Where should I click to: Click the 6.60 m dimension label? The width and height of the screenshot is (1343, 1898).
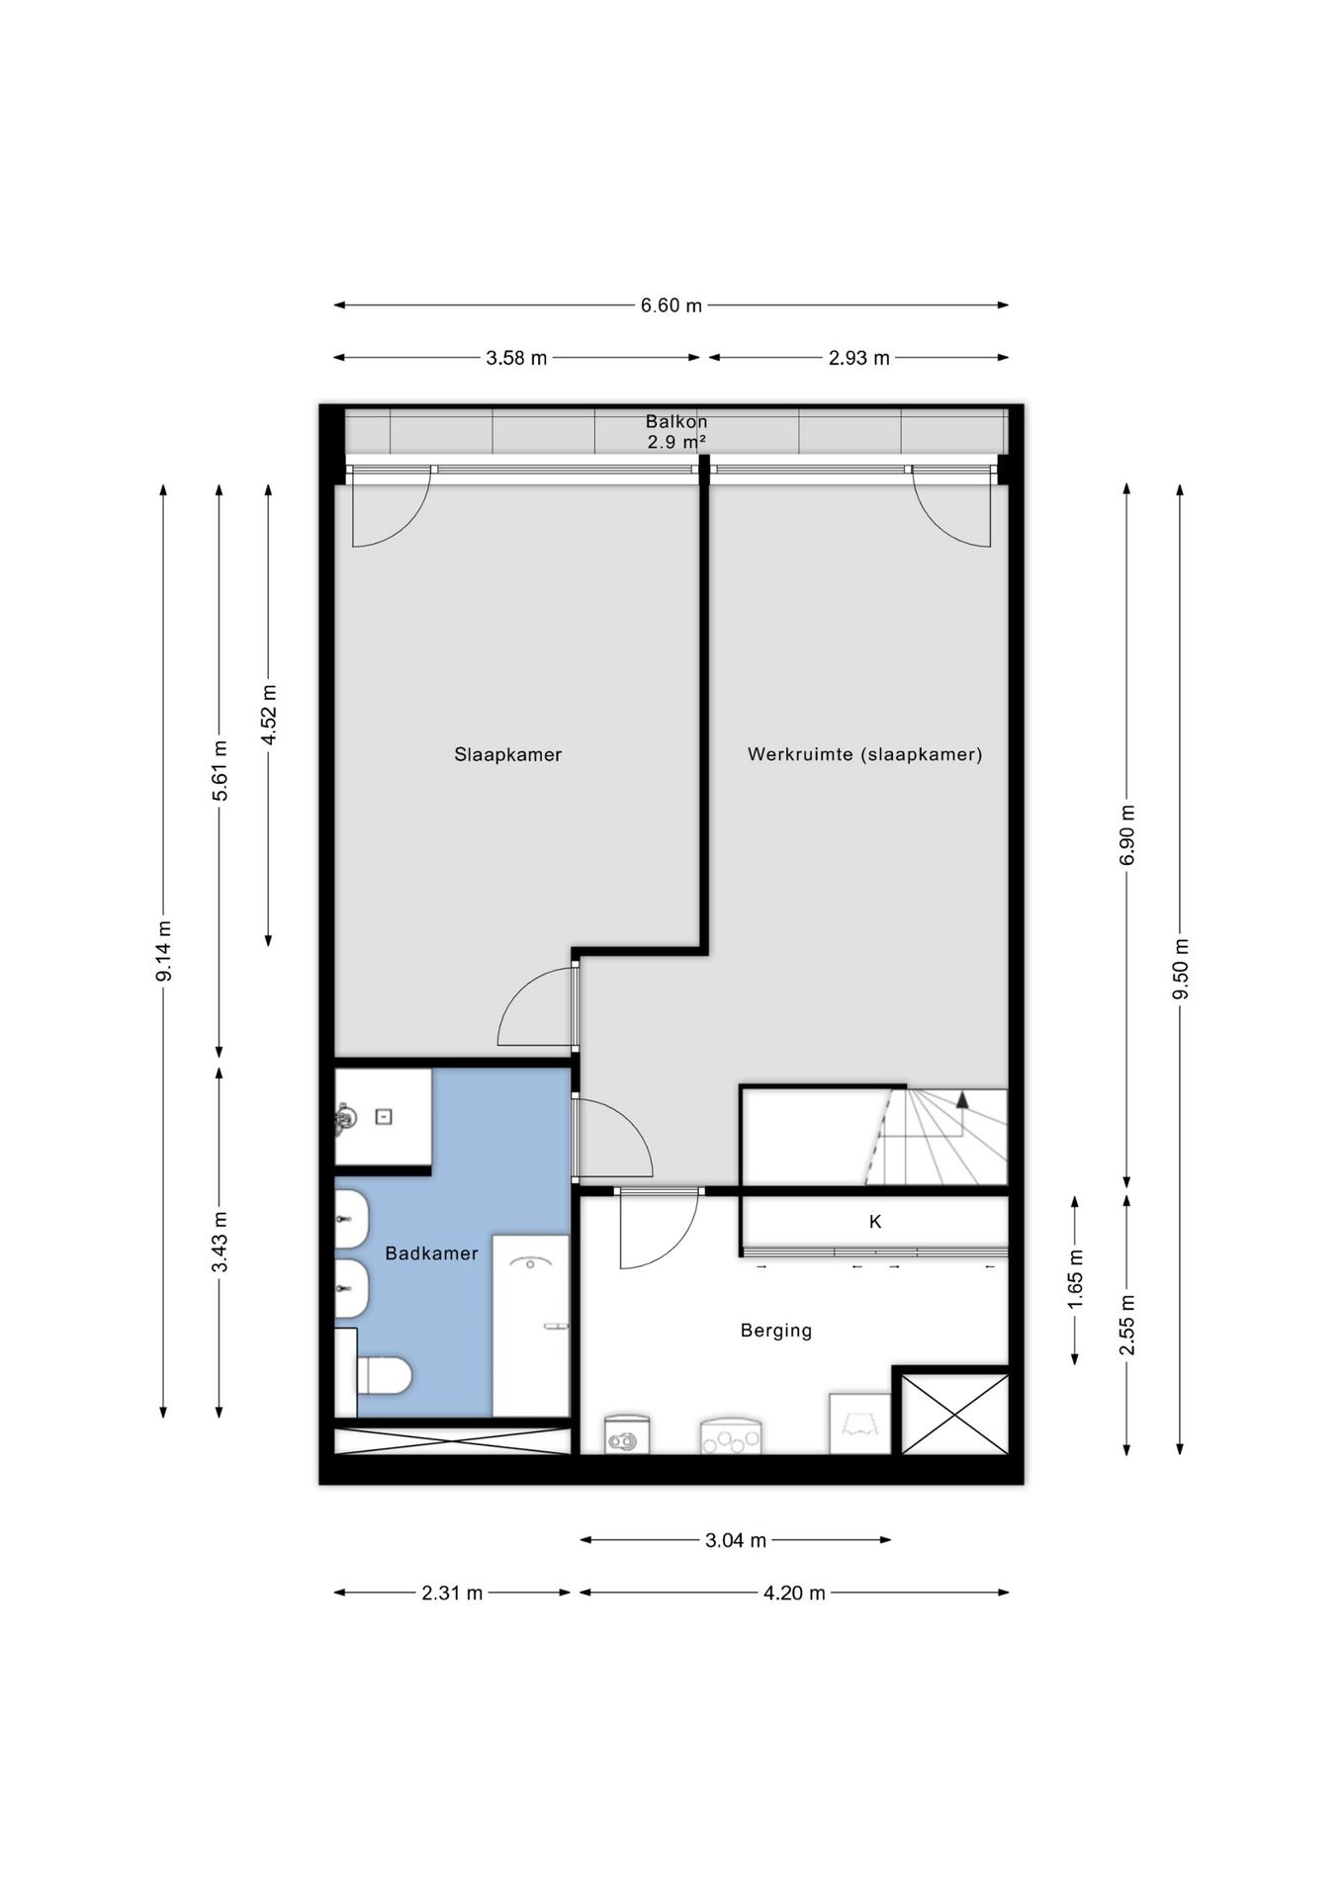[671, 305]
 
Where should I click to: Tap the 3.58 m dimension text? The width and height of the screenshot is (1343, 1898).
[516, 358]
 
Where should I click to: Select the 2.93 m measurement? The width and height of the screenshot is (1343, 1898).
[859, 358]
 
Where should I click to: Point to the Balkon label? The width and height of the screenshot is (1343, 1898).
[676, 421]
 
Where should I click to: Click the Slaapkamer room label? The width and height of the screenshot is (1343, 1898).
[508, 754]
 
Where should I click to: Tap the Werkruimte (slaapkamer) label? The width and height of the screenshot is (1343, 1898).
[865, 754]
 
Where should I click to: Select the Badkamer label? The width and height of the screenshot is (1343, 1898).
[431, 1253]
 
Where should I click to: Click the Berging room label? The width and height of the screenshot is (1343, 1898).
[776, 1331]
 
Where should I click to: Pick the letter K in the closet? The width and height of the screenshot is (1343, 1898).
[875, 1222]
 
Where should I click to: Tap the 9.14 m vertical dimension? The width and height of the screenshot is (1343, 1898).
[164, 951]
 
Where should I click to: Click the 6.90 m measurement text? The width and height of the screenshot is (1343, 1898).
[1126, 835]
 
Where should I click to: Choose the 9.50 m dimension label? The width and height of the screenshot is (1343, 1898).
[1180, 969]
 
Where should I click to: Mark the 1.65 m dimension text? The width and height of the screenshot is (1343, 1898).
[1076, 1279]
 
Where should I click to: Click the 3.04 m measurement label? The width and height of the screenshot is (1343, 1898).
[736, 1540]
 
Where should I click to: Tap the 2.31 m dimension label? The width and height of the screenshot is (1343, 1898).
[452, 1593]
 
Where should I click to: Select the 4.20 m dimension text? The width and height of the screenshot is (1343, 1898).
[794, 1593]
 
